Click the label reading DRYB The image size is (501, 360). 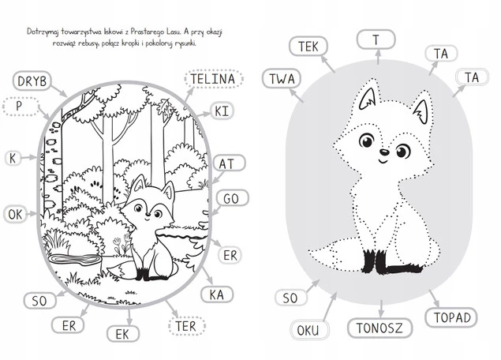[x=32, y=81]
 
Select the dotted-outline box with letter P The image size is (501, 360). [x=21, y=106]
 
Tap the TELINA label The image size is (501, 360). [x=214, y=79]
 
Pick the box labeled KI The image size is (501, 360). [x=222, y=111]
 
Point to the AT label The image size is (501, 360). [x=229, y=163]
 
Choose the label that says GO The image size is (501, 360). [x=232, y=198]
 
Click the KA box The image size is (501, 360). [x=217, y=294]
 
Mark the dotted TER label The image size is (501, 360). [x=187, y=326]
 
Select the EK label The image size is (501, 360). [x=123, y=334]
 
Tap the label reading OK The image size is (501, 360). [x=15, y=214]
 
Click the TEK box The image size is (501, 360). [x=308, y=47]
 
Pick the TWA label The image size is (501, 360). [x=282, y=79]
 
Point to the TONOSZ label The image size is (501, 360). [x=380, y=328]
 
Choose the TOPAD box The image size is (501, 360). [x=451, y=317]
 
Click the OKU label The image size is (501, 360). [x=309, y=330]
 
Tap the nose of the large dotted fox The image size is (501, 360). [x=385, y=152]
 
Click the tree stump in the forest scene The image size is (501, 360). [x=74, y=259]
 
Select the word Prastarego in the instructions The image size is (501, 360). [x=148, y=32]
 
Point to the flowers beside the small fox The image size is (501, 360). [x=122, y=245]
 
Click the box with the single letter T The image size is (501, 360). [x=376, y=39]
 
